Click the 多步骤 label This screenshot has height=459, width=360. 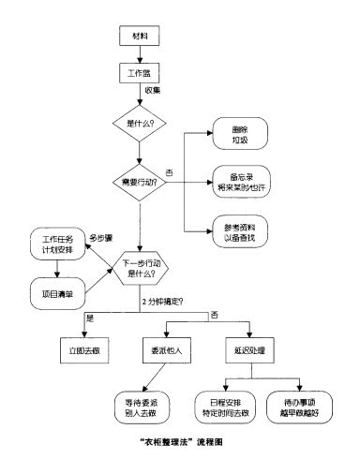(101, 237)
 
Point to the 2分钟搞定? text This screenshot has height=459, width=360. (162, 302)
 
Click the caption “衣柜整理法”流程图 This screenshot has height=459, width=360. (180, 440)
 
